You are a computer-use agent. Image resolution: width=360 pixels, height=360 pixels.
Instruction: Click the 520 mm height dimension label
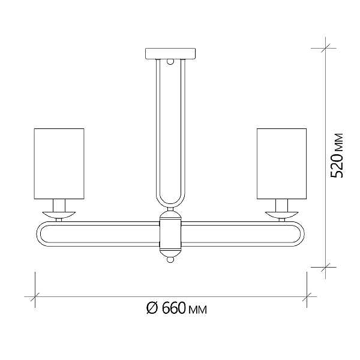tap(337, 155)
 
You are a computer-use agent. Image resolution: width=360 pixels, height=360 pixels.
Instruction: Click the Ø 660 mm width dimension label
tap(176, 308)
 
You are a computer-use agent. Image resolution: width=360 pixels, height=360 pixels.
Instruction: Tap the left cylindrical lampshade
tap(59, 164)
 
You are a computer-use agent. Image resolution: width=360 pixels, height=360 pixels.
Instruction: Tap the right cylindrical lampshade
tap(282, 164)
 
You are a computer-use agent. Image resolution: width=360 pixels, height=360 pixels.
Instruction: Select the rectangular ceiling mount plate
tap(170, 53)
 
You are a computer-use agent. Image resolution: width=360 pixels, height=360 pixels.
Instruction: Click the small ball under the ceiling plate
tap(170, 62)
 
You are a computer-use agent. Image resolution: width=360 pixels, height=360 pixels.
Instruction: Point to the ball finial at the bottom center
tap(170, 260)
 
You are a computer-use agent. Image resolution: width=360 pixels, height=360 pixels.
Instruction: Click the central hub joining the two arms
tap(170, 234)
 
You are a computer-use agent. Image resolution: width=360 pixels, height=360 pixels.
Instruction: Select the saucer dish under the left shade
tap(59, 215)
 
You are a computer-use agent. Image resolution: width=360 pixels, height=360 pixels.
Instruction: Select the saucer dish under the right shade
tap(282, 215)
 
